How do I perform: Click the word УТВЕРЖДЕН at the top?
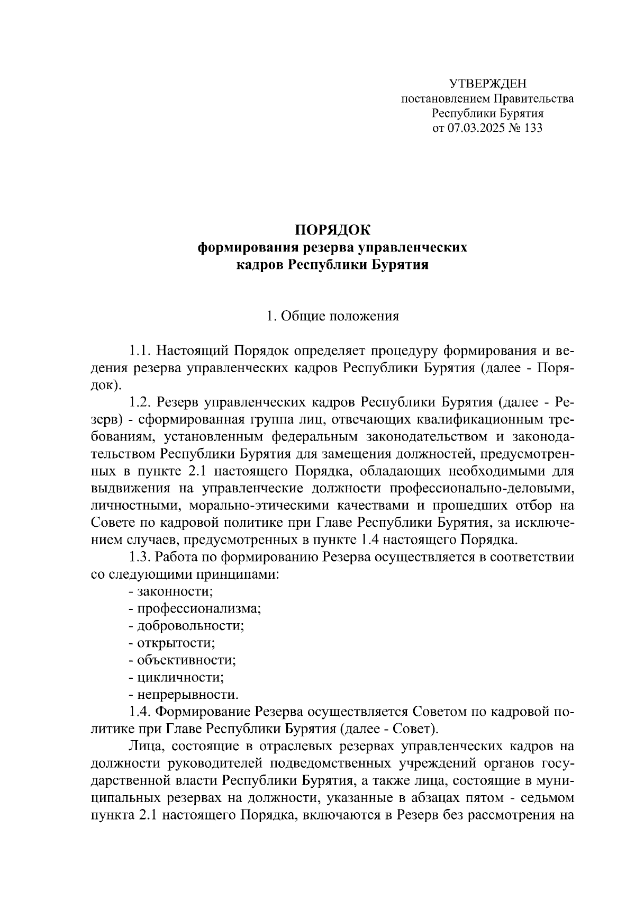(487, 84)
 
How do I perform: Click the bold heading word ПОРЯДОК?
(332, 230)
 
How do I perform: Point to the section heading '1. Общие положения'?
(332, 317)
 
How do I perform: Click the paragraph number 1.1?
(141, 351)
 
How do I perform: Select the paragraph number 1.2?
(141, 402)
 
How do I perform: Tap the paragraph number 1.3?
(141, 557)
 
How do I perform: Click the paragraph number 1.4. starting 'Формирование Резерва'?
(141, 711)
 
